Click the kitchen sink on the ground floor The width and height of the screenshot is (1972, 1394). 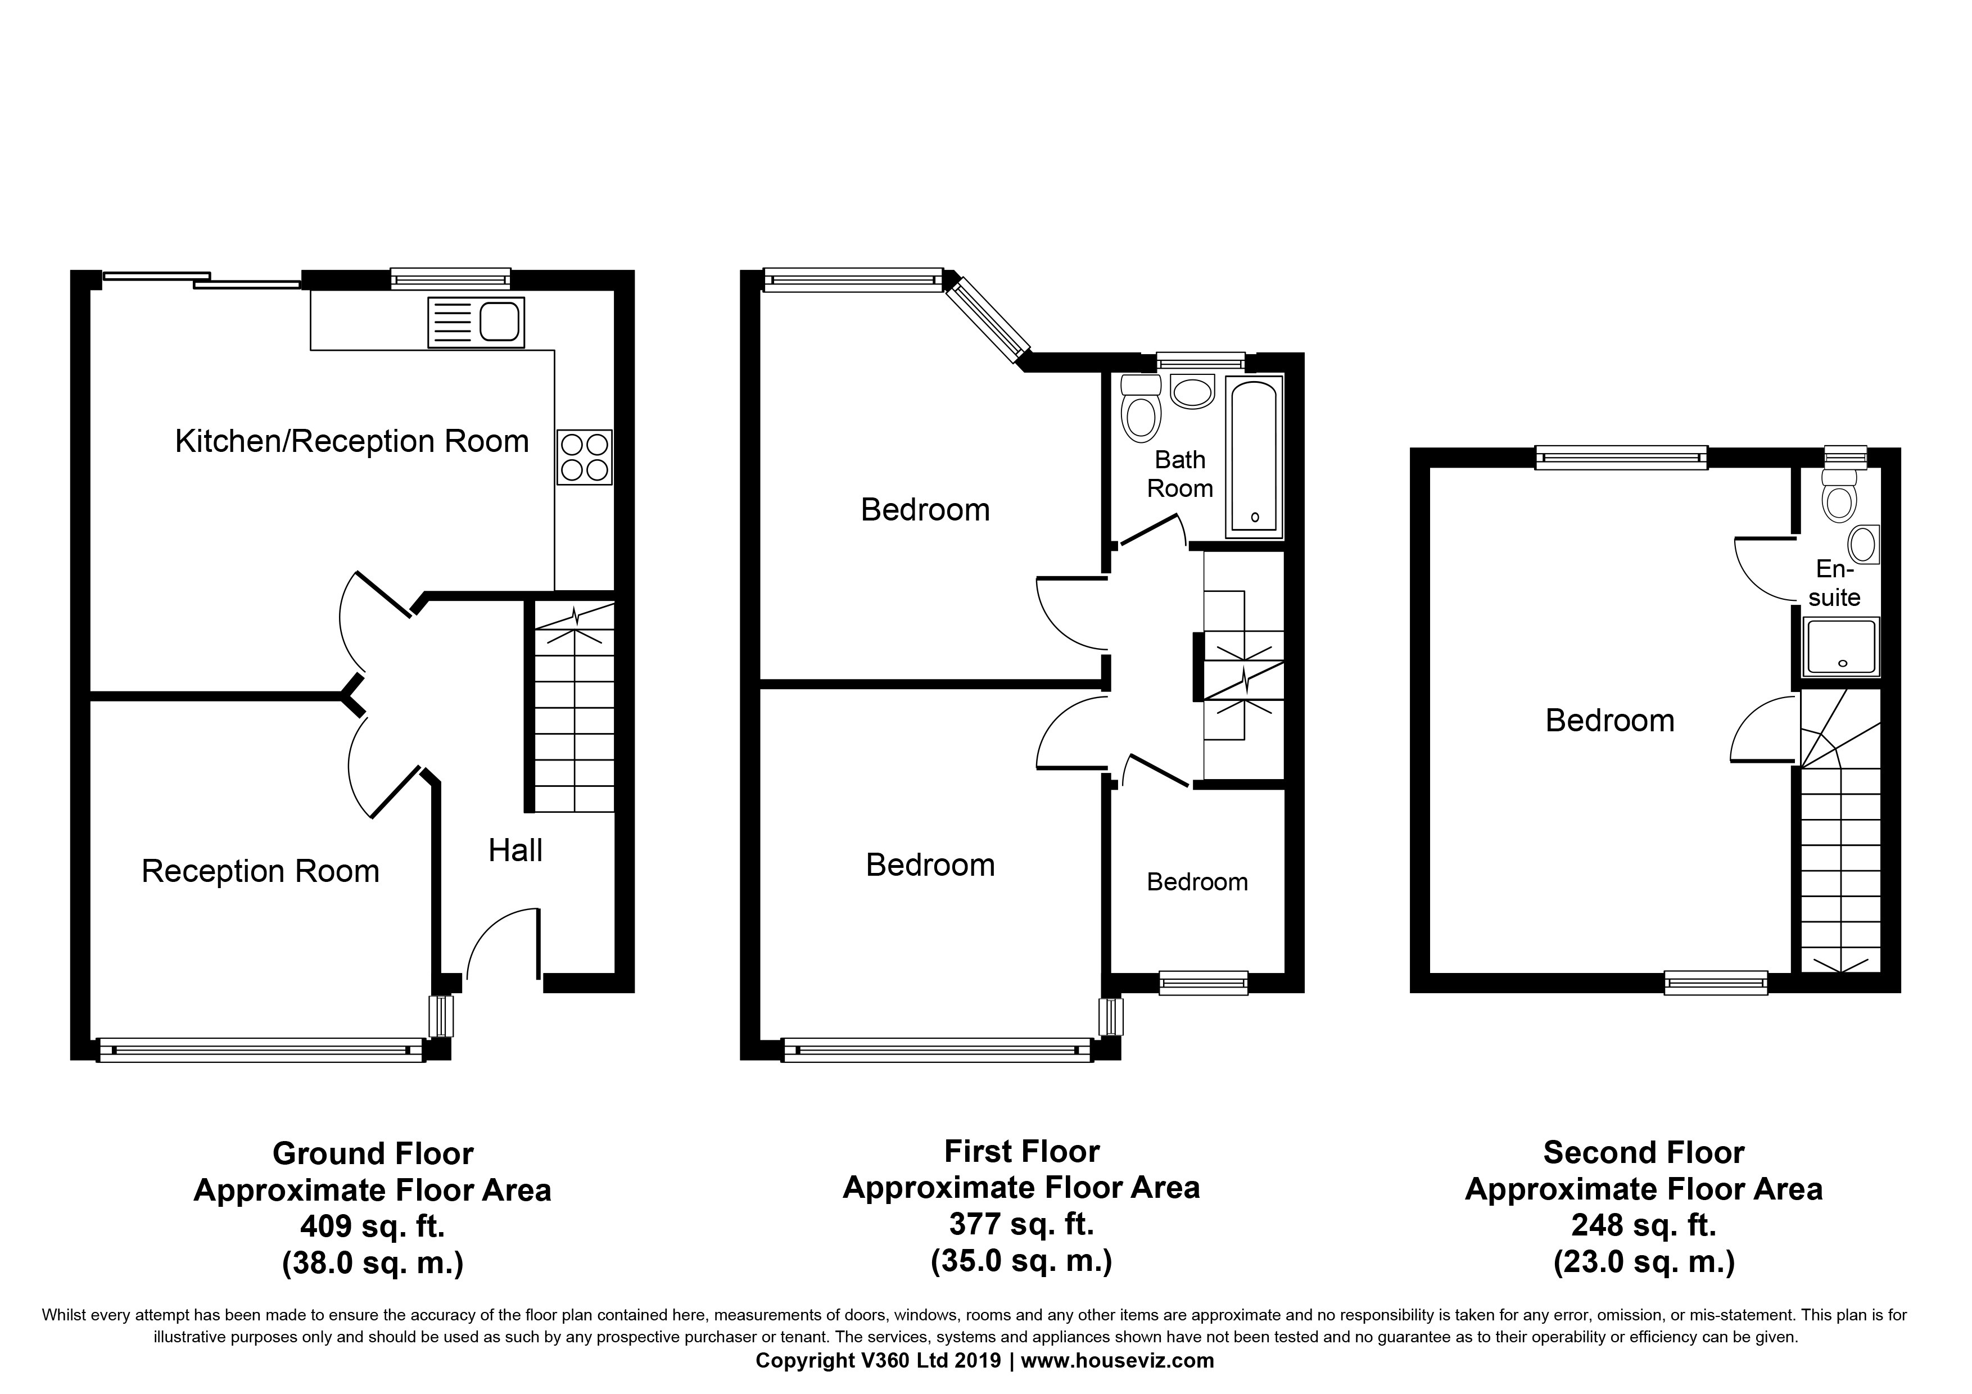476,323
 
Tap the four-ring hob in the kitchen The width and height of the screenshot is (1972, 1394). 584,457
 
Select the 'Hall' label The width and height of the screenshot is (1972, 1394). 515,850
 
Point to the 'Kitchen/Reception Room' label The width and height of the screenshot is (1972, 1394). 351,441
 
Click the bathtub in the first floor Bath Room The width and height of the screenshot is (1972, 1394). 1254,454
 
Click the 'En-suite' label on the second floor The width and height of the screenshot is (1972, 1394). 1835,583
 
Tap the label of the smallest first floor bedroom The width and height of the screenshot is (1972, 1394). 1197,882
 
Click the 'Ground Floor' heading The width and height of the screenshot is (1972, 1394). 373,1153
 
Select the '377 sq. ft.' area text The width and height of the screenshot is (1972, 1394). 1021,1223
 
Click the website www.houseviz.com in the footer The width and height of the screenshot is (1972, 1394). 1118,1360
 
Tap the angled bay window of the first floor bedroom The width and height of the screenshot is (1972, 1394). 988,318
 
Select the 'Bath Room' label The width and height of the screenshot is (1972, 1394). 1180,474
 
